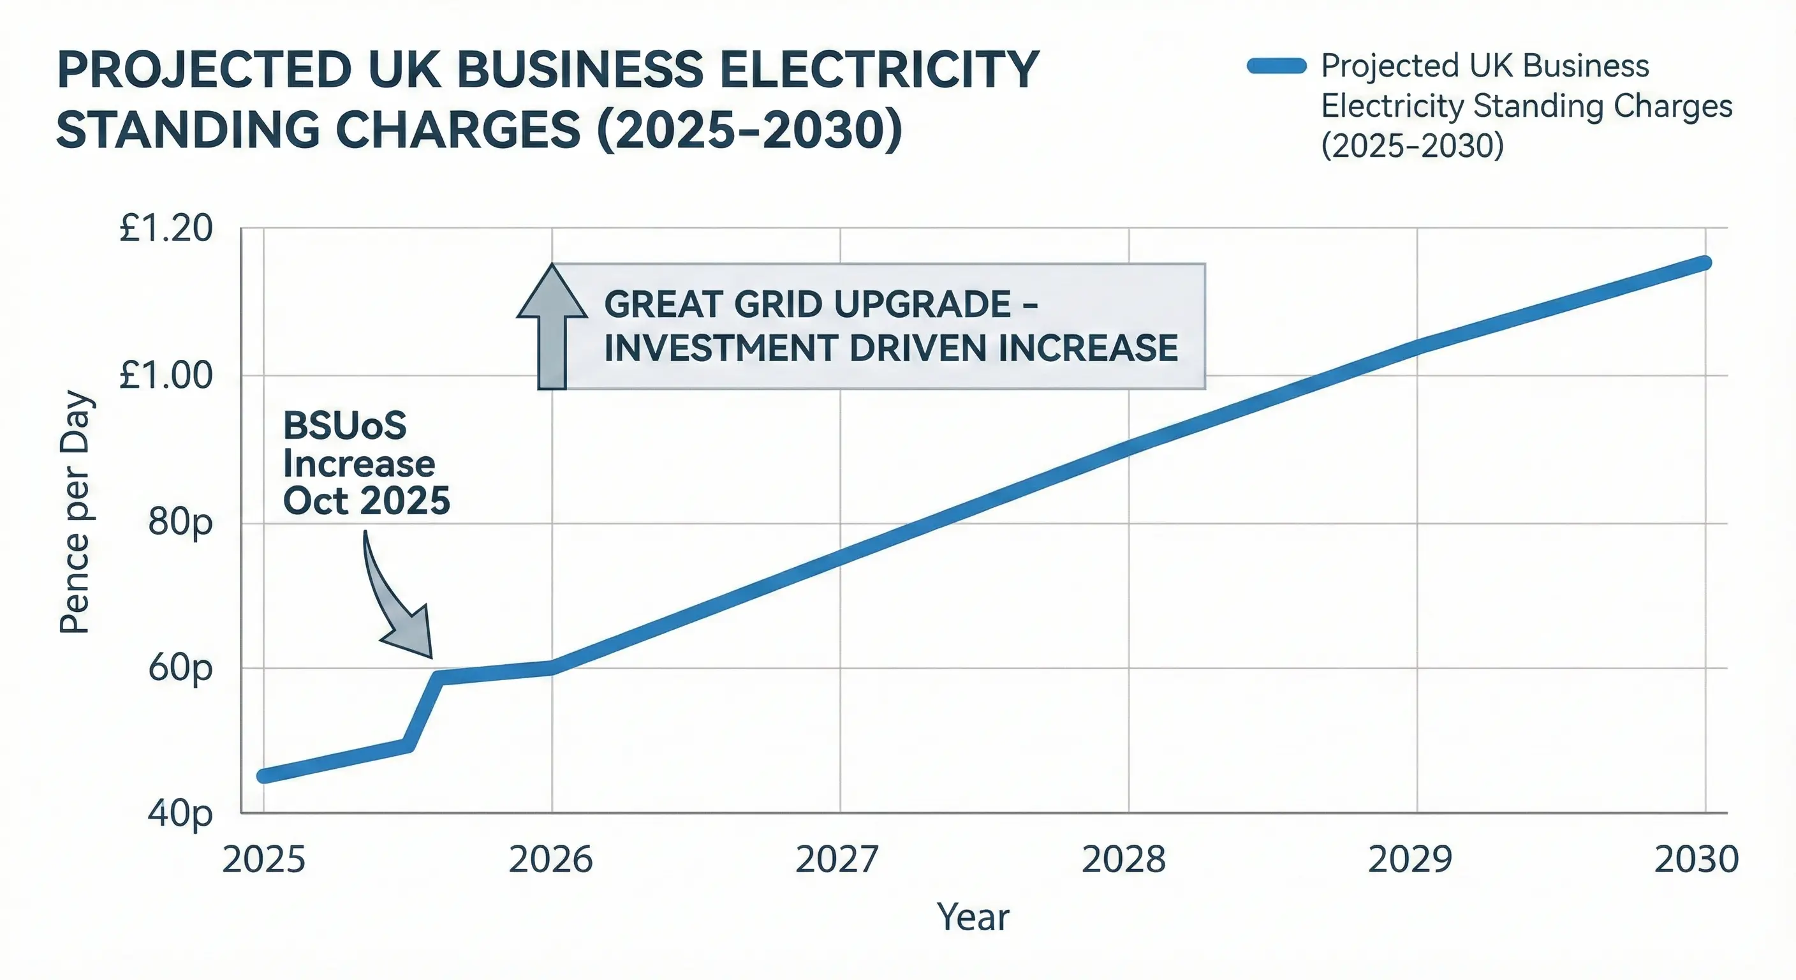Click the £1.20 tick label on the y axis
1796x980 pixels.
point(165,229)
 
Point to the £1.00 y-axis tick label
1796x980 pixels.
point(165,375)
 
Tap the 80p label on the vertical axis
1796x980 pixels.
point(180,523)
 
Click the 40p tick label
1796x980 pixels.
point(180,813)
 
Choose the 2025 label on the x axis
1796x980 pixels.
point(263,860)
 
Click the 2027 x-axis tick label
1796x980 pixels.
point(837,860)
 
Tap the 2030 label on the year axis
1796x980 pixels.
point(1697,860)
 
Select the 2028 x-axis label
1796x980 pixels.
point(1123,860)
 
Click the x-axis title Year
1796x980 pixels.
point(973,917)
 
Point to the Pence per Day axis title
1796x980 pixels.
point(75,513)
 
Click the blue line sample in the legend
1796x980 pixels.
point(1276,67)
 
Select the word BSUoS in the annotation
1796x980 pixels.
point(344,426)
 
